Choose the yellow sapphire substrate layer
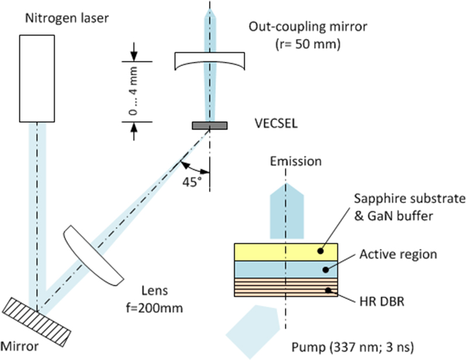coord(286,251)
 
